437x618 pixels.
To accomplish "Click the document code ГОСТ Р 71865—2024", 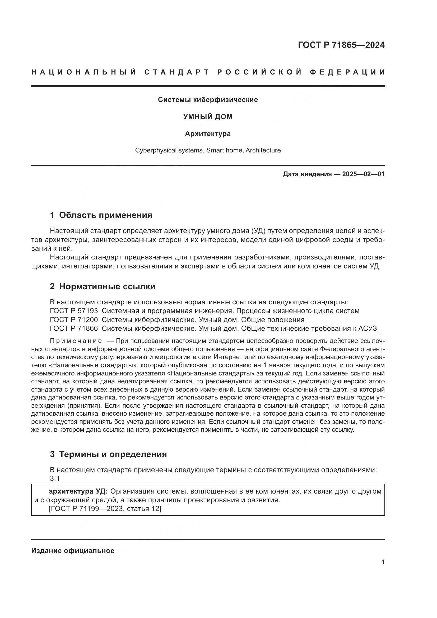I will pyautogui.click(x=341, y=45).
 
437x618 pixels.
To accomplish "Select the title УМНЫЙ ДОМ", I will pyautogui.click(x=208, y=117).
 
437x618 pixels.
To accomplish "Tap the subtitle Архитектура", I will pyautogui.click(x=208, y=134).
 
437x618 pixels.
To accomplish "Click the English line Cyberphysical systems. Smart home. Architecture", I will pyautogui.click(x=208, y=150).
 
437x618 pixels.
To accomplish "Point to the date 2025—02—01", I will pyautogui.click(x=363, y=174).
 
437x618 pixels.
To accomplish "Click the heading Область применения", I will pyautogui.click(x=105, y=215).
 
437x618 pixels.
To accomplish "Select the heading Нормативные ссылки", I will pyautogui.click(x=107, y=287).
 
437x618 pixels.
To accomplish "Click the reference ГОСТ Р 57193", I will pyautogui.click(x=74, y=311).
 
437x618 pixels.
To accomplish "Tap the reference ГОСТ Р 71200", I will pyautogui.click(x=74, y=320).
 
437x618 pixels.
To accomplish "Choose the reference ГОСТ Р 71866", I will pyautogui.click(x=74, y=328).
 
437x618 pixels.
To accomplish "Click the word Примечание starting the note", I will pyautogui.click(x=76, y=341).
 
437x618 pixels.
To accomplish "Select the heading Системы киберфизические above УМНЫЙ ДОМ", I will pyautogui.click(x=208, y=100).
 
